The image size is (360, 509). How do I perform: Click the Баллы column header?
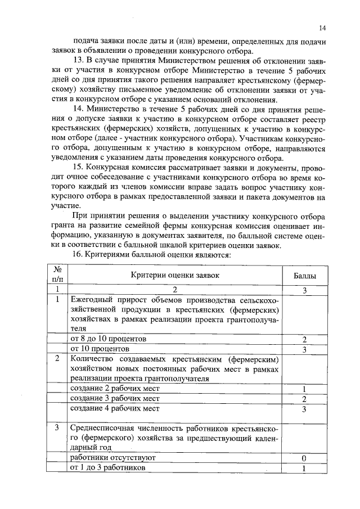[304, 276]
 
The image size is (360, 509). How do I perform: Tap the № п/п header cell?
[57, 275]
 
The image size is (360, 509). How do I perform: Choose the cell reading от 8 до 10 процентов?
[108, 339]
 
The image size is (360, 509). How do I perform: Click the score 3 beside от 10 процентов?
[304, 349]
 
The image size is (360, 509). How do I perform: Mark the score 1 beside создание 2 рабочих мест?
[304, 389]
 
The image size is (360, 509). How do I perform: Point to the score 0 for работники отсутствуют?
[304, 458]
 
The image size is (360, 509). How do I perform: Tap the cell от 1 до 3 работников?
[107, 468]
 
